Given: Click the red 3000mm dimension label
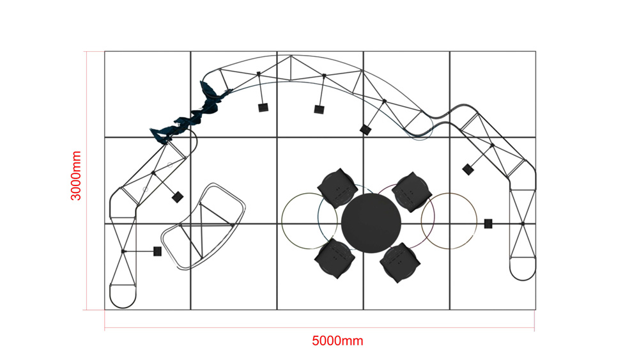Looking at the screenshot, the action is coord(76,176).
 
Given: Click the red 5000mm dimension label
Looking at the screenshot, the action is coord(337,341).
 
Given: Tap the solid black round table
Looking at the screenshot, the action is coord(371,223).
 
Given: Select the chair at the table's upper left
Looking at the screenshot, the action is coord(337,189).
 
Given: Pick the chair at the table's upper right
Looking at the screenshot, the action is coord(412,192).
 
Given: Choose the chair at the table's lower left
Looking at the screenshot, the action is coord(335,259).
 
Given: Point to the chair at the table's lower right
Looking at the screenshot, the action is coord(400,263).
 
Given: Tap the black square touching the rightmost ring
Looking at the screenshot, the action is coord(488,223).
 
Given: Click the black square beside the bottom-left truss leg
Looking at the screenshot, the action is coord(157,251).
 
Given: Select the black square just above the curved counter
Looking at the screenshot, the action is coord(177,198).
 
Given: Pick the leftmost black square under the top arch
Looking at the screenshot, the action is coord(263,107).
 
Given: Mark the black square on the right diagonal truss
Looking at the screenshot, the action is coord(468,169).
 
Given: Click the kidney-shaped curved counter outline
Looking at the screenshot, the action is coord(203,226).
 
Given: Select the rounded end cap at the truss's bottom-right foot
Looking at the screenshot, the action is coord(523,269).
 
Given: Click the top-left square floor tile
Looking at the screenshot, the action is coord(148,94).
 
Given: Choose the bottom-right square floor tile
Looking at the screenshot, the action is coord(493,267).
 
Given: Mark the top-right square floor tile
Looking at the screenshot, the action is coord(493,94).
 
